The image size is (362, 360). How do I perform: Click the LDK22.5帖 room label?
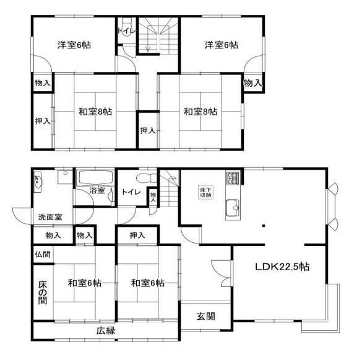click(x=282, y=267)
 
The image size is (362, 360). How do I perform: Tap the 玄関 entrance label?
click(x=206, y=316)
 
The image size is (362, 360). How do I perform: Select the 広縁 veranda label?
click(x=106, y=331)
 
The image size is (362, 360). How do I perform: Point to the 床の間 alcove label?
click(x=43, y=292)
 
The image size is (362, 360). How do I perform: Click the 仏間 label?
click(x=43, y=254)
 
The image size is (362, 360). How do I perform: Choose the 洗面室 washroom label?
click(x=50, y=217)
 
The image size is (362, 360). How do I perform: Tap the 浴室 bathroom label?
click(x=97, y=190)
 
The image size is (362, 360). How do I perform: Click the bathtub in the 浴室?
click(x=95, y=177)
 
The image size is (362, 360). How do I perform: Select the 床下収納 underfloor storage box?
click(x=205, y=192)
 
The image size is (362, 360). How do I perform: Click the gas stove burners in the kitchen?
click(x=233, y=178)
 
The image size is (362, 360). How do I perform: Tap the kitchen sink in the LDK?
click(x=233, y=208)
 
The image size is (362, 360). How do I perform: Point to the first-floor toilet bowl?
click(x=146, y=178)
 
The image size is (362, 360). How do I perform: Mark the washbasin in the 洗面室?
click(x=38, y=182)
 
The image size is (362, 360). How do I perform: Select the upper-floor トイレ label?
click(x=126, y=31)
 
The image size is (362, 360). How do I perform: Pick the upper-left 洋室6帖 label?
click(x=74, y=45)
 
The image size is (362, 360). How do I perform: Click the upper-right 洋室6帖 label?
click(x=222, y=45)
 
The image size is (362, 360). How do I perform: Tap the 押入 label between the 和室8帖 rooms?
click(x=148, y=131)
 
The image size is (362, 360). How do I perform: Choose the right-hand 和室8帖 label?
click(x=200, y=112)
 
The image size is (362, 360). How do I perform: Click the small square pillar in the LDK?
click(x=264, y=226)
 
